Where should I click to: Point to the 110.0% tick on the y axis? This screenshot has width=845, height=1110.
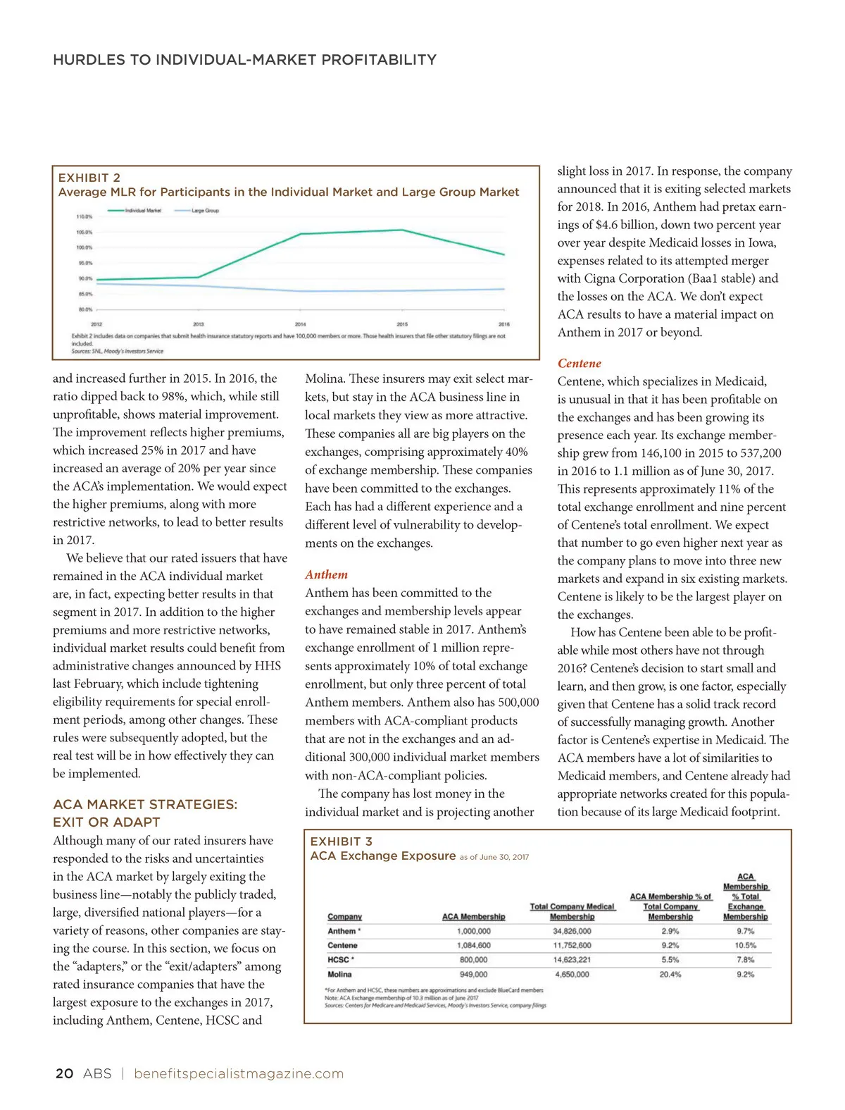(x=84, y=216)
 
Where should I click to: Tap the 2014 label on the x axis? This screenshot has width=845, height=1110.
(x=301, y=324)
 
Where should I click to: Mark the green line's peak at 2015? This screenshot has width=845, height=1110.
(x=402, y=230)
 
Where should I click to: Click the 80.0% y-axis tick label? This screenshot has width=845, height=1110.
(x=84, y=309)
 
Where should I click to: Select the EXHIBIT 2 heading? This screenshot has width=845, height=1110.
(x=89, y=178)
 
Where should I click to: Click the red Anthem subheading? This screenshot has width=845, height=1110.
(x=326, y=574)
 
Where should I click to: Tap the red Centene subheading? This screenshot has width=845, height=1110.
(x=579, y=363)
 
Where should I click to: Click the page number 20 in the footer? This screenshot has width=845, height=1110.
(x=64, y=1073)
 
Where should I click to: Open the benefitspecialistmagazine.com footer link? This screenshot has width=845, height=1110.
(x=239, y=1073)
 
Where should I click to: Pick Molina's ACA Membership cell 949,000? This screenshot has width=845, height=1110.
(x=473, y=974)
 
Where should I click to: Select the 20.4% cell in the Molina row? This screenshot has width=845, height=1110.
(x=670, y=974)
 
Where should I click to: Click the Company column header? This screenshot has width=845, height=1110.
(x=344, y=916)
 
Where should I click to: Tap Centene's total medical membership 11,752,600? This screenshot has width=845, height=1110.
(x=572, y=945)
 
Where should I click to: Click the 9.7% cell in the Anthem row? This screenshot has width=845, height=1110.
(x=745, y=931)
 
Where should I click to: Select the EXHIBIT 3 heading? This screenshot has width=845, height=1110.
(x=342, y=841)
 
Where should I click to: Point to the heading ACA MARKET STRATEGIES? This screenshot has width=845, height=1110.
(x=145, y=804)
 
